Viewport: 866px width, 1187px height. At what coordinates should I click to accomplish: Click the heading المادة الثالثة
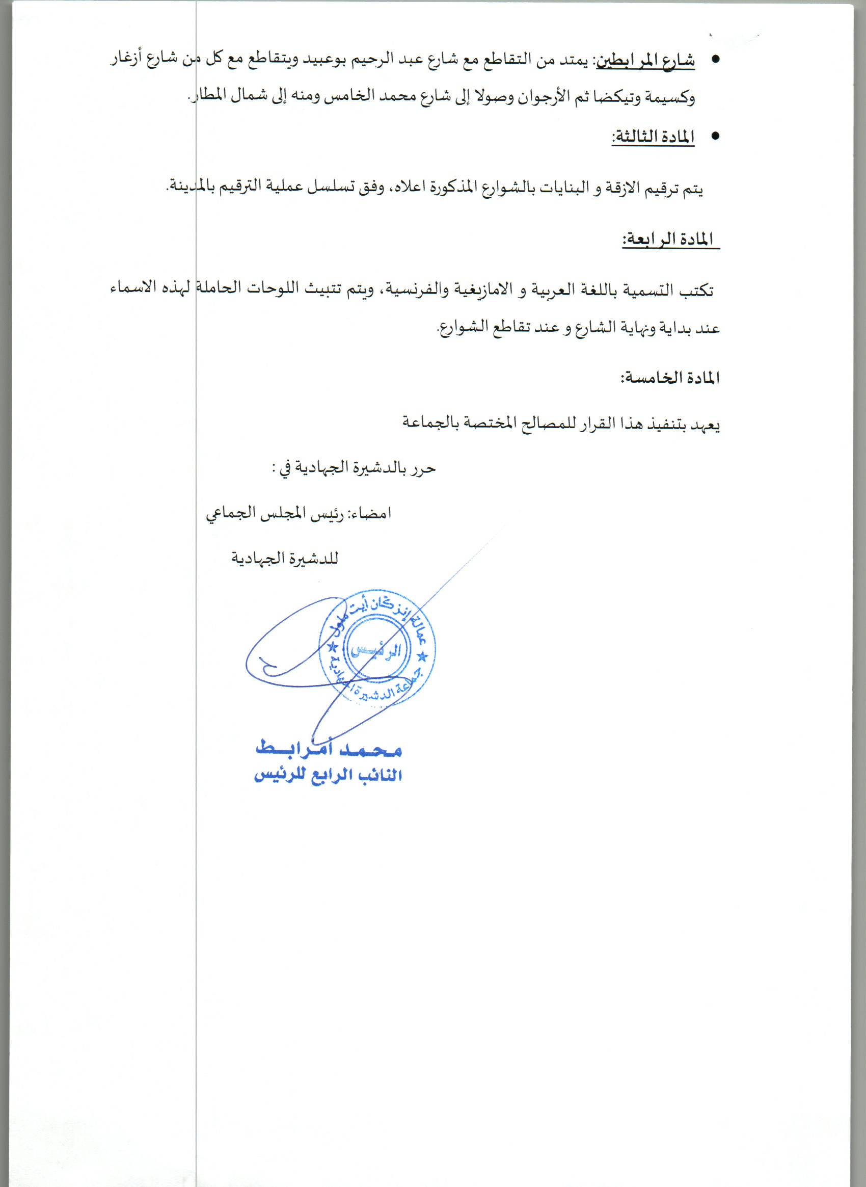pyautogui.click(x=653, y=138)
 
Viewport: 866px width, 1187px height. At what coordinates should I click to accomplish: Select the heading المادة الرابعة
pyautogui.click(x=670, y=239)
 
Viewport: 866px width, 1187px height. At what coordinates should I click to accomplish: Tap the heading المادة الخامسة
pyautogui.click(x=670, y=378)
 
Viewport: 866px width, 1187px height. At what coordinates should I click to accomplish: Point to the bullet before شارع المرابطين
pyautogui.click(x=715, y=60)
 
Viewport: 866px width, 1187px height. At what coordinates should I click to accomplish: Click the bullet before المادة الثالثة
pyautogui.click(x=715, y=137)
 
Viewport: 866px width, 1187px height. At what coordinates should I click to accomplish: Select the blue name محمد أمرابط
pyautogui.click(x=329, y=749)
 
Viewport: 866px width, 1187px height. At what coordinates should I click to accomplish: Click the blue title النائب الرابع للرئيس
pyautogui.click(x=328, y=776)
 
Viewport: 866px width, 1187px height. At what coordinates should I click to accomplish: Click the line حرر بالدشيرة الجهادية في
pyautogui.click(x=355, y=468)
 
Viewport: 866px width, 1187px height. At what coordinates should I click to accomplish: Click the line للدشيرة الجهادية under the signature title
pyautogui.click(x=285, y=559)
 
